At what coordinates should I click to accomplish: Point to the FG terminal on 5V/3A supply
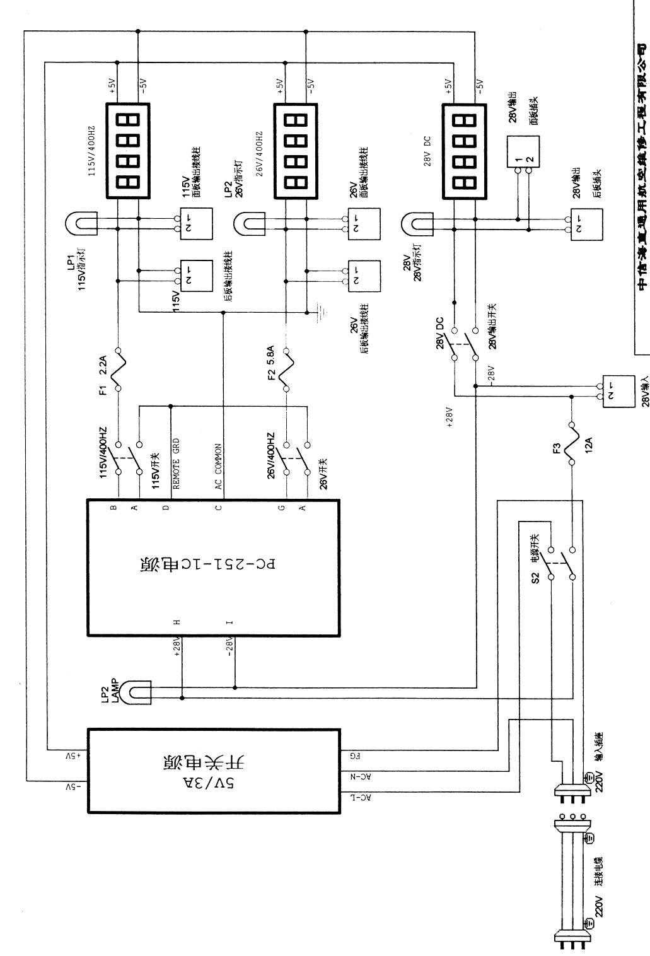tap(354, 754)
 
